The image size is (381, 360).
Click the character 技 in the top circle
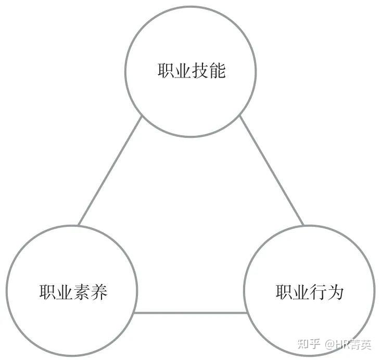(201, 70)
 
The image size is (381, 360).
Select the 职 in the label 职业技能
(166, 70)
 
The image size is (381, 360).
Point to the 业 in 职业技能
(183, 70)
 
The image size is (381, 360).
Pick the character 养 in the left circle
(99, 292)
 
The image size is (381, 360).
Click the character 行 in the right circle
(319, 292)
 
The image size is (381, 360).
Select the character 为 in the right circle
(336, 292)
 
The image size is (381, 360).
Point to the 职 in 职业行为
(284, 292)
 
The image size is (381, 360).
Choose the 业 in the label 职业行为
(301, 292)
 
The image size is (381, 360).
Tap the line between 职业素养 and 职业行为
(190, 313)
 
